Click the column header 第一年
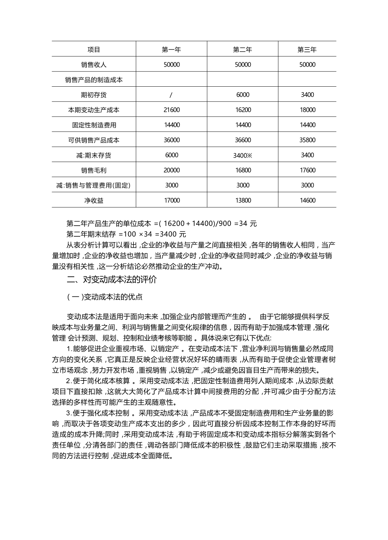coord(171,50)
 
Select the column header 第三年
coord(307,50)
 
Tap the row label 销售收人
coord(94,65)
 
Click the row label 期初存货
coord(94,95)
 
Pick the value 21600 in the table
coord(172,110)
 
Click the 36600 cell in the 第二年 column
coord(243,140)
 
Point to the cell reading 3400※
coord(243,155)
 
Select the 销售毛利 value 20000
coord(172,170)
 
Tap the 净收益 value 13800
coord(243,200)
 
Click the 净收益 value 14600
coord(307,200)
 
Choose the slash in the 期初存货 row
coord(171,95)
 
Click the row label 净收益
coord(94,200)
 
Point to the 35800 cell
coord(307,140)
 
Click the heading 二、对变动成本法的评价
coord(111,280)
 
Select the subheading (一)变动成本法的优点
coord(105,297)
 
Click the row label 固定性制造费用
coord(94,125)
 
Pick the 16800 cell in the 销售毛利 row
coord(243,170)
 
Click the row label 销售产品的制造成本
coord(94,80)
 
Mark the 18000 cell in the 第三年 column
coord(307,110)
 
